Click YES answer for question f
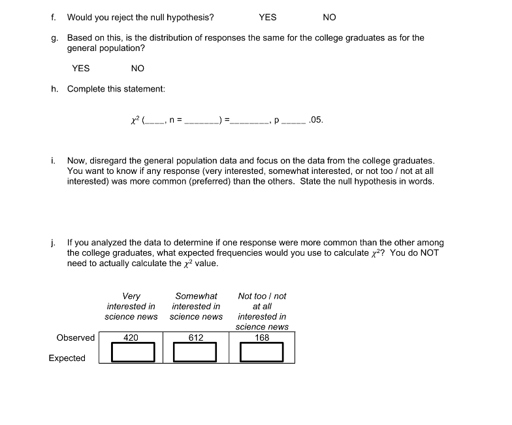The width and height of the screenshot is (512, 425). (268, 18)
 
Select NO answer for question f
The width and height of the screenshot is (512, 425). (329, 18)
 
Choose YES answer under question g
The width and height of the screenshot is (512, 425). (81, 68)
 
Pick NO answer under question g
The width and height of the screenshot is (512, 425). (137, 68)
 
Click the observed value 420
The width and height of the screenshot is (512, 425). (131, 337)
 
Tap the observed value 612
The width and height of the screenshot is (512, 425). (196, 337)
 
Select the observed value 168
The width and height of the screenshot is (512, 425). (262, 337)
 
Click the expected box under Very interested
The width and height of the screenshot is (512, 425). (132, 352)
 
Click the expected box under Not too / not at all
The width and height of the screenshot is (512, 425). (262, 352)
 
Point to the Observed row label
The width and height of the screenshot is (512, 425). (76, 337)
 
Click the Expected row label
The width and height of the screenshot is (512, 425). (67, 358)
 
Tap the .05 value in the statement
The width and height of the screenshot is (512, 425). (315, 120)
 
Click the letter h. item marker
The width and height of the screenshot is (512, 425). (54, 89)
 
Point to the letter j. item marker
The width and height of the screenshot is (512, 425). (53, 243)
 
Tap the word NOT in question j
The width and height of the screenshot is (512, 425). (429, 253)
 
